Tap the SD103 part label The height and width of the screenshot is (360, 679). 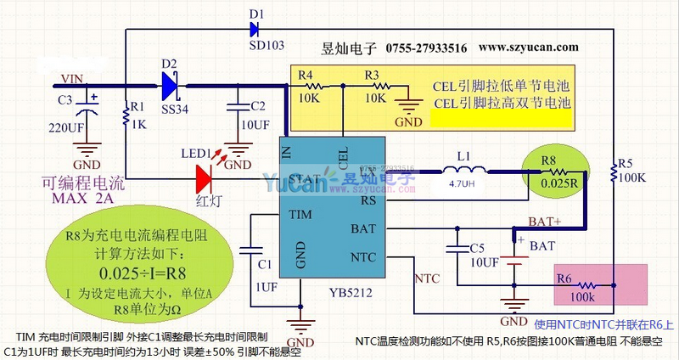coord(267,45)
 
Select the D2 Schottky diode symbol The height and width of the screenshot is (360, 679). coord(170,84)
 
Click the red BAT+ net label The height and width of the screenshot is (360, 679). coord(545,222)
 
